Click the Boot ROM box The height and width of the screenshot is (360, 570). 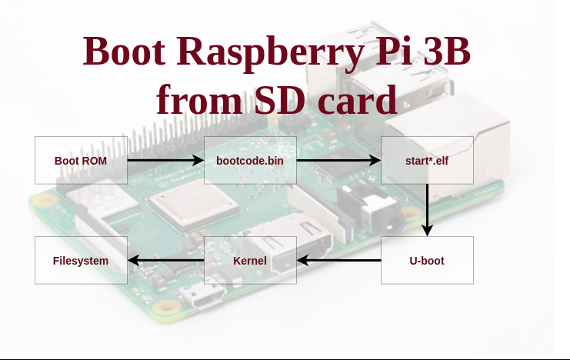[81, 161]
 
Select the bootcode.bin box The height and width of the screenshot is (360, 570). [250, 161]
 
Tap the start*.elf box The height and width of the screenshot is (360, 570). [427, 161]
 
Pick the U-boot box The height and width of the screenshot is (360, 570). [427, 261]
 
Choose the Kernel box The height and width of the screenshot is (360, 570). [250, 261]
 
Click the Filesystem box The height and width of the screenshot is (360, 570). [81, 261]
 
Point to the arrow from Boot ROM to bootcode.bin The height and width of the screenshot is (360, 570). [165, 161]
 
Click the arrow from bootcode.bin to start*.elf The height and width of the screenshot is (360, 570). [338, 161]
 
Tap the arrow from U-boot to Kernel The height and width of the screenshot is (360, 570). [338, 261]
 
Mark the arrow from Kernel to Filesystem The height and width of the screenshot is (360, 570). [165, 261]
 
